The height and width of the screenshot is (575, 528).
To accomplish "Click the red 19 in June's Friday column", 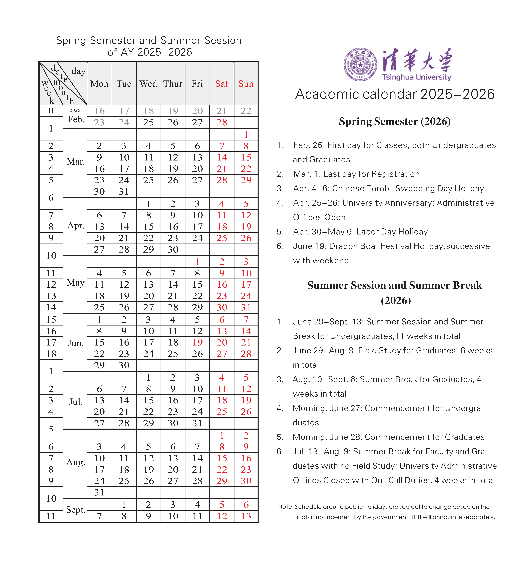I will click(x=197, y=342).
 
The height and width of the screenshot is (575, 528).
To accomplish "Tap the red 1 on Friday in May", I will click(x=197, y=262).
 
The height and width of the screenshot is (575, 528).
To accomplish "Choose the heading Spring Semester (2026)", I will click(x=395, y=122).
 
